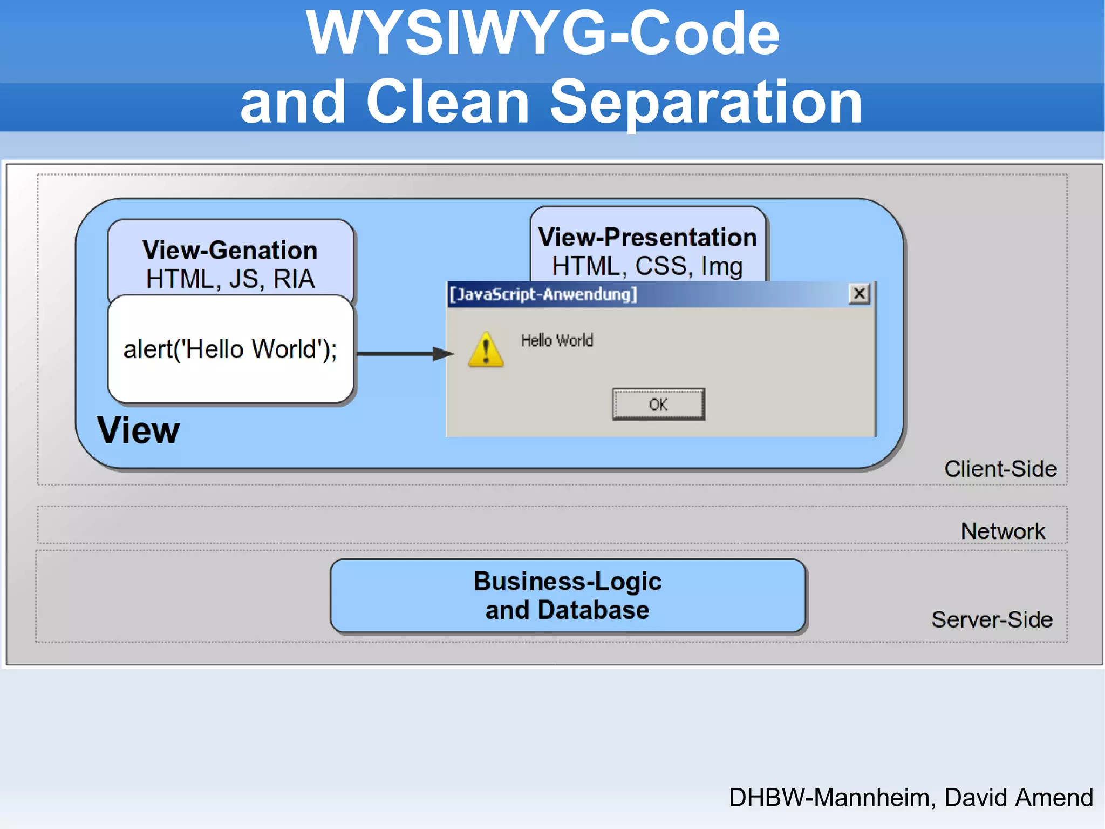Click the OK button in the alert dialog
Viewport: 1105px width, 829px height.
[x=658, y=404]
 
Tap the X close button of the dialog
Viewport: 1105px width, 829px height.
[x=859, y=294]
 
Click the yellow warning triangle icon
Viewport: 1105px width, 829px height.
[x=486, y=350]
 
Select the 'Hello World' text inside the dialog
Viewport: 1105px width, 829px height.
[x=557, y=340]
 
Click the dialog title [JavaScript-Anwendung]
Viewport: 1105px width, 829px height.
[x=543, y=294]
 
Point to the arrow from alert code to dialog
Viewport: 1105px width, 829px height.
[x=405, y=354]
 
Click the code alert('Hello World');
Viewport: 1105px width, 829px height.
[x=230, y=349]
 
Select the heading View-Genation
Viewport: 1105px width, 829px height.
[x=230, y=250]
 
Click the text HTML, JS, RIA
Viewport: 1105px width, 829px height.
[x=230, y=279]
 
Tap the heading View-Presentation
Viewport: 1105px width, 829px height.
[x=647, y=237]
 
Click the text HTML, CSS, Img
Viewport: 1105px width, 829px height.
[x=647, y=266]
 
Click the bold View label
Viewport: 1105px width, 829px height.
[x=138, y=430]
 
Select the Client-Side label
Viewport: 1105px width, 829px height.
[x=1000, y=469]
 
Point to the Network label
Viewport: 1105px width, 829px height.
[x=1002, y=531]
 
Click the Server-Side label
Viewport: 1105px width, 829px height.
[x=992, y=619]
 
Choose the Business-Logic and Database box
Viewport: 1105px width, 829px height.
[x=568, y=596]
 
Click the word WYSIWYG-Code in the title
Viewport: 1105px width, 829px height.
[x=542, y=33]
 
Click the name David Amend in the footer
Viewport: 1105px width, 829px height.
[x=1019, y=797]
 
